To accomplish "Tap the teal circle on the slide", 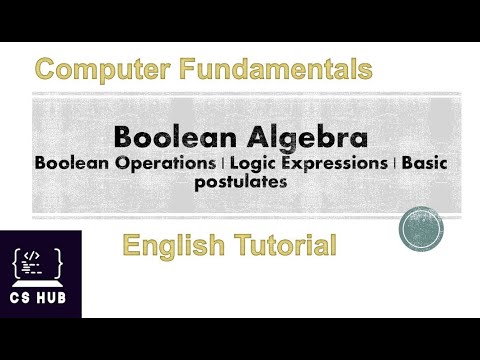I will coord(420,229).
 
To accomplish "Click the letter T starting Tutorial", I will coord(236,243).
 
